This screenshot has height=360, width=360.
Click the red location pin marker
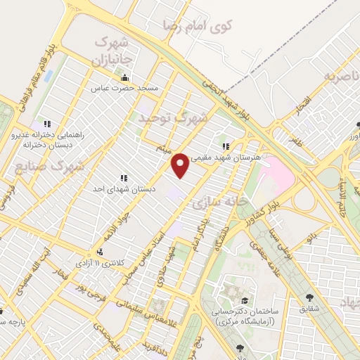point(181,165)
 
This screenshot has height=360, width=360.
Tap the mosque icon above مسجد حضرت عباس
point(125,77)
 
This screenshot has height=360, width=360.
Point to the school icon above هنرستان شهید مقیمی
point(226,146)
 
